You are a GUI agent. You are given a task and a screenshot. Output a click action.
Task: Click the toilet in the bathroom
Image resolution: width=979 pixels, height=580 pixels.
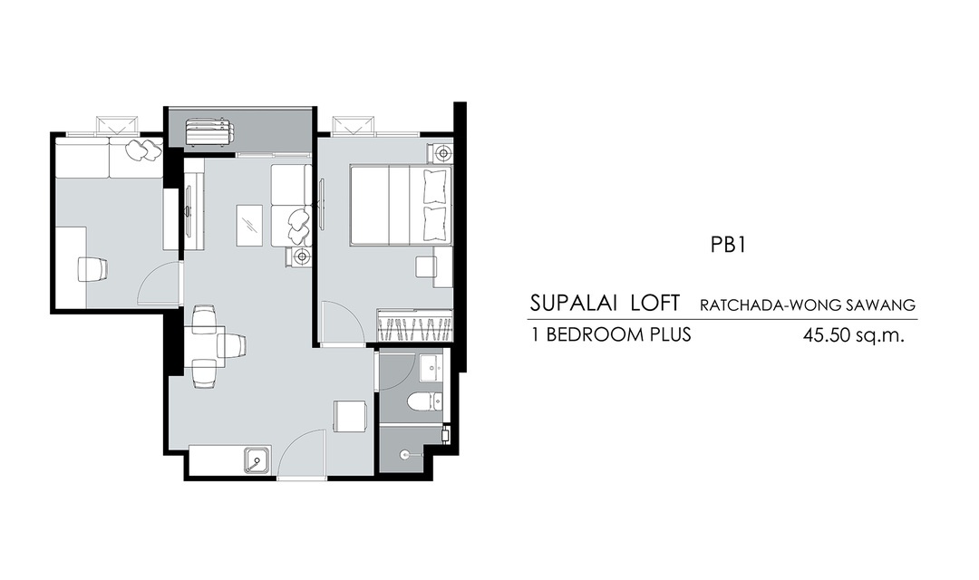pos(425,401)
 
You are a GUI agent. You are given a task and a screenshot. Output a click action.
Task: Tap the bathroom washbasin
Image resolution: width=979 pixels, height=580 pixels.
pos(431,368)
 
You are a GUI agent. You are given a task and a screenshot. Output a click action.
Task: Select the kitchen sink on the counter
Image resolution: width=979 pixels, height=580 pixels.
pos(257,461)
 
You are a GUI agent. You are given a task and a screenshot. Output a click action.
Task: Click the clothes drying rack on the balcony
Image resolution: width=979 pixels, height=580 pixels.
pos(208,133)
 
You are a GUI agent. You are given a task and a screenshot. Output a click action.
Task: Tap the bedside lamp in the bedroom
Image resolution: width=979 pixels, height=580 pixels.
pos(442,152)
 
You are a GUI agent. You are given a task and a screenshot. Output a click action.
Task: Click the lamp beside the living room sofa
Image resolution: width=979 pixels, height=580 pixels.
pos(302,256)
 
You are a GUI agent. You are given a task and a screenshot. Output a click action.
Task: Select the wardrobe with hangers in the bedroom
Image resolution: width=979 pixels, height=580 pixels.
pos(414,324)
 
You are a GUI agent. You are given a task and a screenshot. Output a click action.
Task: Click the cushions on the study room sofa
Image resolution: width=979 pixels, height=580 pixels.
pos(145,150)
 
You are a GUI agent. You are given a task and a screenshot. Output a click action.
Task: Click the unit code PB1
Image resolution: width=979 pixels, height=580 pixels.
pos(728,245)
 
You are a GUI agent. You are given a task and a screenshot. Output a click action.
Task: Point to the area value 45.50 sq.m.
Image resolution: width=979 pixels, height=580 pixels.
pos(854,336)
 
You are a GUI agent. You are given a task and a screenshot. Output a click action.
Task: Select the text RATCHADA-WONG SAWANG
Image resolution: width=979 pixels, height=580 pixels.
pos(808,305)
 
